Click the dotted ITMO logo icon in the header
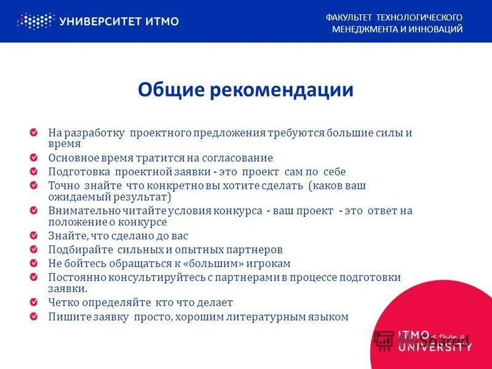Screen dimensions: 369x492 click(x=36, y=21)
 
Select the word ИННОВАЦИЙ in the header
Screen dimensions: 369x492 click(x=435, y=29)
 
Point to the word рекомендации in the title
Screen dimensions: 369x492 click(x=282, y=90)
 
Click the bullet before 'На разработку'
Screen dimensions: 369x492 click(x=40, y=132)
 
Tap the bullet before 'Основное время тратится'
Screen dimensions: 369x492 click(x=40, y=158)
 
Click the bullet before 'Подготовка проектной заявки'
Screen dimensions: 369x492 click(x=40, y=172)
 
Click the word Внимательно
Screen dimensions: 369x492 click(x=80, y=211)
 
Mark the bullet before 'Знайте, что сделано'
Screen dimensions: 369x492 click(x=40, y=236)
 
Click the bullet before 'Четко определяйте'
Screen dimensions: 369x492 click(x=40, y=303)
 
